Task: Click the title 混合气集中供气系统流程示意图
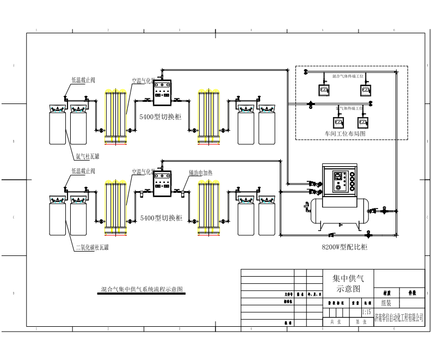pos(142,289)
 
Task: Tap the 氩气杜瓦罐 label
pos(87,156)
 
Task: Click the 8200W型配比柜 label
pos(344,247)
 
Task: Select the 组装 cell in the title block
pos(387,303)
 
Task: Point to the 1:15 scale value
pos(367,312)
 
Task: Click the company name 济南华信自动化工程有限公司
pos(399,318)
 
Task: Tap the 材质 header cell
pos(386,292)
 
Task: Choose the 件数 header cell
pos(412,292)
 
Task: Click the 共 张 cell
pos(336,322)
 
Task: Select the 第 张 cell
pos(361,322)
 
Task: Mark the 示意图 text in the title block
pos(349,288)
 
